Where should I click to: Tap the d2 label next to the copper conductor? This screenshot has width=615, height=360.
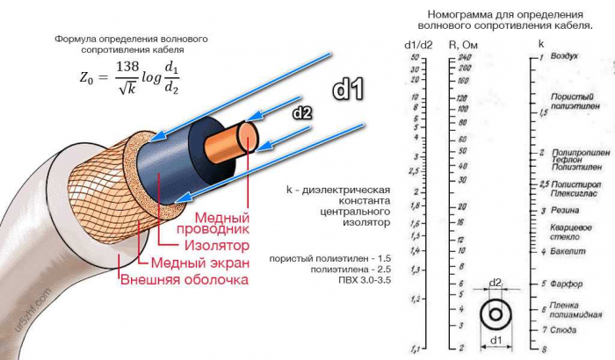point(301,112)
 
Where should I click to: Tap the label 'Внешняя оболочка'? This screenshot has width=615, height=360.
point(184,280)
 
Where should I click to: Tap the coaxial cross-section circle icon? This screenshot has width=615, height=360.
point(496,314)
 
